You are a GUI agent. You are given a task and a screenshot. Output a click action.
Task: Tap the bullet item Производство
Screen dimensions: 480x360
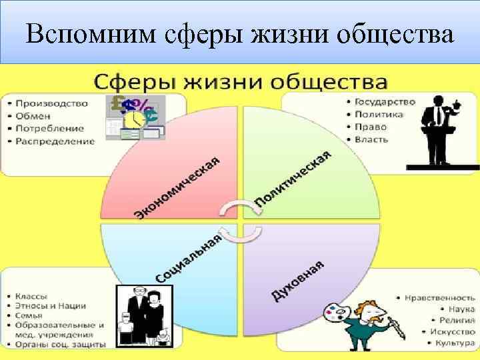(x=51, y=103)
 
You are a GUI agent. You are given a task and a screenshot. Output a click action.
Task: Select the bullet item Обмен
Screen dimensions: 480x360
(x=33, y=116)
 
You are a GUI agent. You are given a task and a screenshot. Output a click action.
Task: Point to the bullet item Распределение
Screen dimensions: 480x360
(x=54, y=141)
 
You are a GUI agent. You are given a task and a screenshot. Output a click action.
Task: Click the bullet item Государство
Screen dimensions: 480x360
(x=385, y=102)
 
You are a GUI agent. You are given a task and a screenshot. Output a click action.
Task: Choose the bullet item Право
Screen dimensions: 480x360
(x=371, y=127)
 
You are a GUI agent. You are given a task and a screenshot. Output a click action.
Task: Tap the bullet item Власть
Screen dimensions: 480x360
(x=372, y=139)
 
